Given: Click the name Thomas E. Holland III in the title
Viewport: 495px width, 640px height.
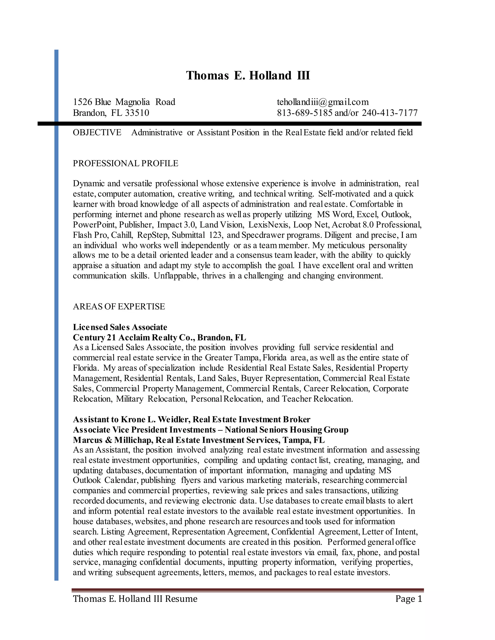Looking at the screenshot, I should tap(248, 76).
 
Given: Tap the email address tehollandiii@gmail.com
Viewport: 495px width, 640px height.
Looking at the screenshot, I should tap(323, 102).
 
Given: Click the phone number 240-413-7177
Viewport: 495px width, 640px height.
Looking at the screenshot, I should tap(389, 113).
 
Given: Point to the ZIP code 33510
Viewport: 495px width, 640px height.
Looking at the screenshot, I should tap(137, 113).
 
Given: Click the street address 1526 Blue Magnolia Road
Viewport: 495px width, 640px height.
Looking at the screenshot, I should tap(124, 102).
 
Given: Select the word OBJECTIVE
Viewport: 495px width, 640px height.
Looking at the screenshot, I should tap(97, 132).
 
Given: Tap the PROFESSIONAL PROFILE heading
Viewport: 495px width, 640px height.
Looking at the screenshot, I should tap(125, 163).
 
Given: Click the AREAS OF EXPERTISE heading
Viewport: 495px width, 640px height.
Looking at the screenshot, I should tap(119, 306).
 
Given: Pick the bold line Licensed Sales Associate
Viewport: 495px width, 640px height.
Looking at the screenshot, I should tap(120, 327).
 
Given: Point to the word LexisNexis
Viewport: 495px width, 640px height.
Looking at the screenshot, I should tap(268, 225).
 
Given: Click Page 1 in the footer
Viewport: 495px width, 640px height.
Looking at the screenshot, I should tap(408, 599).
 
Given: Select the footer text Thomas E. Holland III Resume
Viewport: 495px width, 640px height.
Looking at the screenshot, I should tap(135, 599).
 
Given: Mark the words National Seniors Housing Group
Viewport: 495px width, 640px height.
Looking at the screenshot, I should tap(286, 430).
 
